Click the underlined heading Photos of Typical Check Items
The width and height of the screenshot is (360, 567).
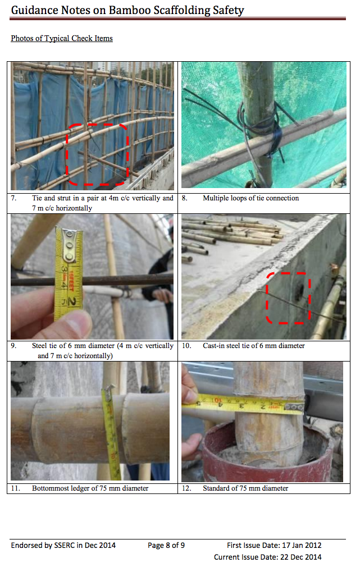tap(62, 38)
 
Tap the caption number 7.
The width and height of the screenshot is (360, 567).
tap(13, 198)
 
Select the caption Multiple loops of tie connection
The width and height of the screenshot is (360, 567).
tap(250, 198)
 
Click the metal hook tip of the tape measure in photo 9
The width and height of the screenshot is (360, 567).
tap(69, 245)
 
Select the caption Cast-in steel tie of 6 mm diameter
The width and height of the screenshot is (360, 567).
tap(254, 346)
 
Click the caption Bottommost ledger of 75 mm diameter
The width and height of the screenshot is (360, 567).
tap(90, 488)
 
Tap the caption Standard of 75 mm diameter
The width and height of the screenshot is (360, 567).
tap(245, 488)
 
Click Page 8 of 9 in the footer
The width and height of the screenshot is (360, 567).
tap(166, 545)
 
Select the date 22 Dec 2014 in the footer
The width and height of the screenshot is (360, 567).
tap(300, 557)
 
